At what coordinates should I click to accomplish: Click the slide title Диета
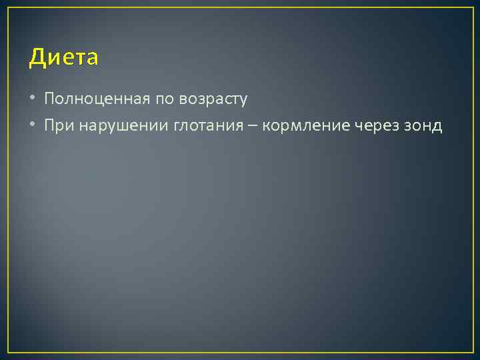(63, 58)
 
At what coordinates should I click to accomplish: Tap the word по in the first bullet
(163, 99)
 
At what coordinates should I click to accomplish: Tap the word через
(377, 127)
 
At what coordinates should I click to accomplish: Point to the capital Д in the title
(37, 58)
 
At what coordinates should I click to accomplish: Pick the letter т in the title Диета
(78, 59)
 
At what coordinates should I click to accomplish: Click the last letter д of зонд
(437, 127)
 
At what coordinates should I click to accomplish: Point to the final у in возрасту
(243, 101)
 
